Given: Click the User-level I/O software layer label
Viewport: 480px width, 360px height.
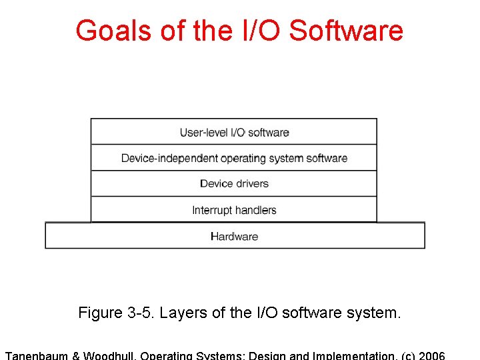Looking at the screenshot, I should click(234, 132).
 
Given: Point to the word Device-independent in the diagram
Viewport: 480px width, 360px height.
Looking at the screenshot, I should click(160, 158).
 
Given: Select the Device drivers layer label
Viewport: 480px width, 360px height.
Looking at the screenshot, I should click(234, 183).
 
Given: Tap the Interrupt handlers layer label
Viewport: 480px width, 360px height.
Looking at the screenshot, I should click(234, 210).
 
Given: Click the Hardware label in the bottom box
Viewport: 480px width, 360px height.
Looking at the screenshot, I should click(234, 236).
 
